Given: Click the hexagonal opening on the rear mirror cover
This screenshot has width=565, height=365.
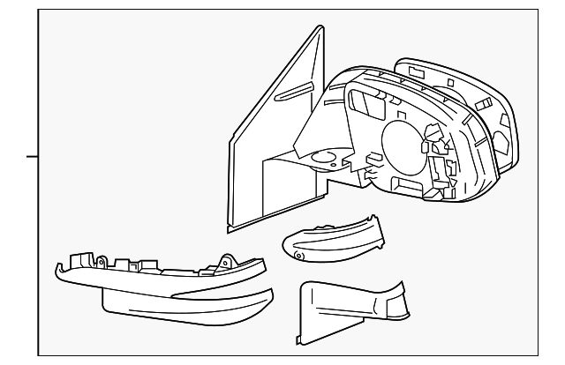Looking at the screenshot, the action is pyautogui.click(x=499, y=141).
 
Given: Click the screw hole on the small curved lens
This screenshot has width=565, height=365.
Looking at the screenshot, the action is pyautogui.click(x=298, y=256).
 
